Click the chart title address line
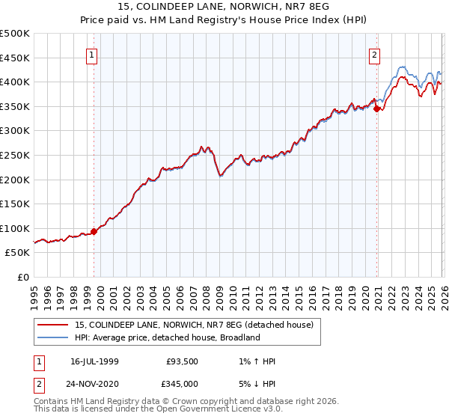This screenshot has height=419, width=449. click(224, 7)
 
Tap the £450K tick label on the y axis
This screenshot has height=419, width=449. click(15, 58)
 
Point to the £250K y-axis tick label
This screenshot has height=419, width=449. click(15, 155)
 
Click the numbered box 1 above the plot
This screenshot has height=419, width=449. click(91, 54)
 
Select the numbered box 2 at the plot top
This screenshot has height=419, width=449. click(373, 54)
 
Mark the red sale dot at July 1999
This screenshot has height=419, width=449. click(94, 231)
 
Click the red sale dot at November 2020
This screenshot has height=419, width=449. click(376, 108)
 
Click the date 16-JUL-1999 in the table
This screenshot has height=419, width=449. click(98, 361)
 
